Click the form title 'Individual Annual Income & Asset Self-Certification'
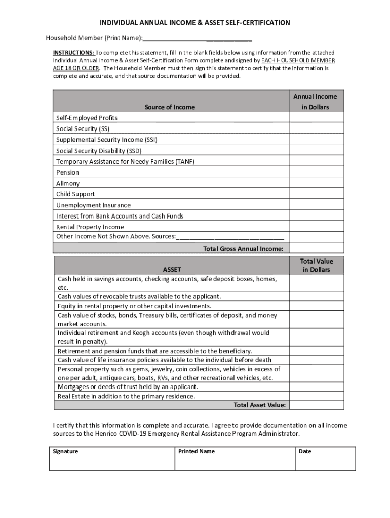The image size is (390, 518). pos(194,23)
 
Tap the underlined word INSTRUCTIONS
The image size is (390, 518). pos(73,53)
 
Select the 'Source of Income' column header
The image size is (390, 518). pos(170,107)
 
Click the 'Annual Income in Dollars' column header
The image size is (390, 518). pos(315,101)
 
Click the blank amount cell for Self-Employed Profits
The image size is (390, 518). pos(316,118)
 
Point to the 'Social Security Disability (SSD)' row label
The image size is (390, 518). pos(99,151)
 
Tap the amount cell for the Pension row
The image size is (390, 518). pos(316,172)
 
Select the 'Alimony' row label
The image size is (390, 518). pos(68,183)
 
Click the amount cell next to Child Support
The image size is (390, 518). pos(316,194)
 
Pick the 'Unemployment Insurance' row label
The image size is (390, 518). pos(93,205)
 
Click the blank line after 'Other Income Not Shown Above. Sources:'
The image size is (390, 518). pos(230,237)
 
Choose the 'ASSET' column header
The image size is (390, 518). pos(172,270)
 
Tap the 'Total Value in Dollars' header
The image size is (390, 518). pos(317,265)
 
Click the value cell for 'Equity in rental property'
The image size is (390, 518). pos(316,306)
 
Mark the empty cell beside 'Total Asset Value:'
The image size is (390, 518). pos(316,405)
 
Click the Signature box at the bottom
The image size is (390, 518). pos(112,459)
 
